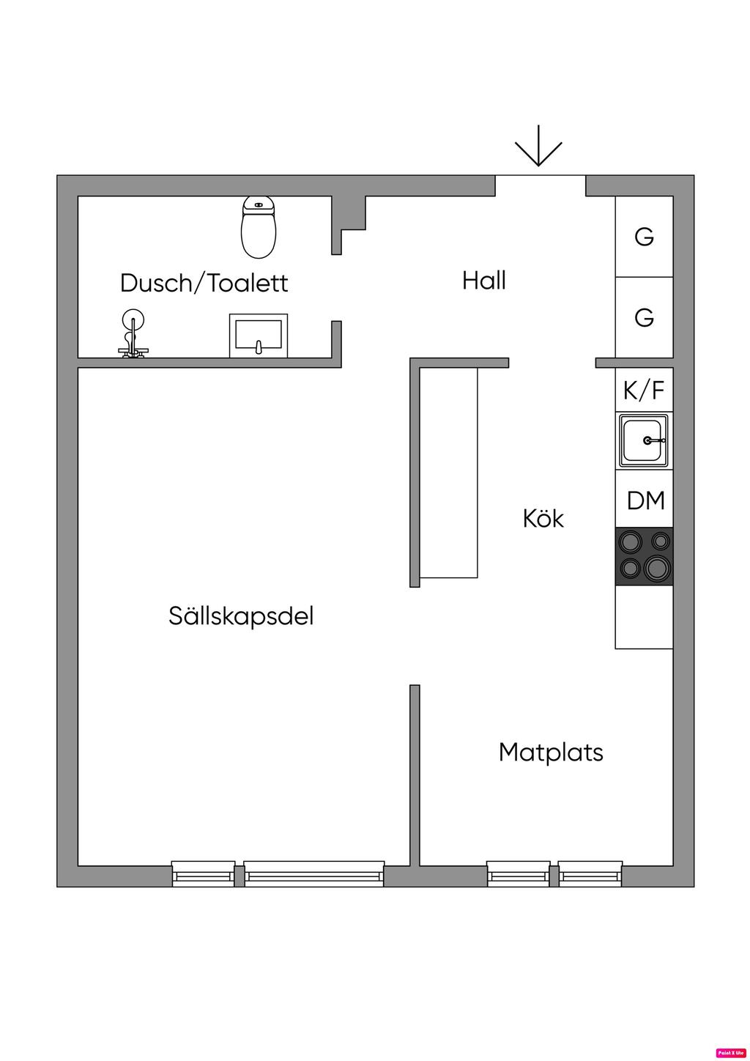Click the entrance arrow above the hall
coord(538,147)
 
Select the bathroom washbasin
coord(259,336)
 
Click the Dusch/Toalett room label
coord(204,283)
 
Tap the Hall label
coord(484,280)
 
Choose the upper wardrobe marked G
coord(644,237)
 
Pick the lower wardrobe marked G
coord(644,317)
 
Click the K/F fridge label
coord(644,391)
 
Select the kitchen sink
coord(644,440)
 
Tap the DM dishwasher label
coord(645,500)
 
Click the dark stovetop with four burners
coord(644,556)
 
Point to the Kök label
coord(543,518)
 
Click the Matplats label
coord(551,752)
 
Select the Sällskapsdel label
coord(241,615)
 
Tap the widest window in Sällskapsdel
coord(313,874)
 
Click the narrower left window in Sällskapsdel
coord(204,874)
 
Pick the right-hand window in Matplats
coord(590,874)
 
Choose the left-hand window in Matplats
coord(519,874)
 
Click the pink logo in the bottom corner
coord(730,1052)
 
